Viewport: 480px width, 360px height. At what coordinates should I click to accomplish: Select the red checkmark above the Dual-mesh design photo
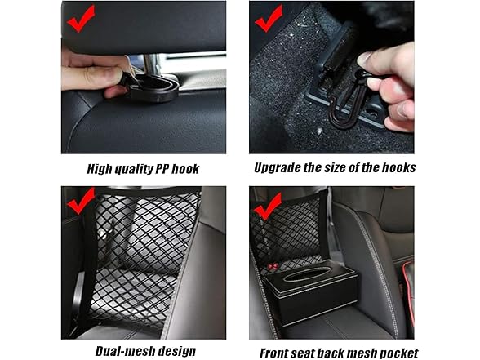[81, 199]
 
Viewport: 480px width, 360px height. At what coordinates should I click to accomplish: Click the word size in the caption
[348, 168]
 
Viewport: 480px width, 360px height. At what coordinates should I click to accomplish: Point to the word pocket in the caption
[398, 353]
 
